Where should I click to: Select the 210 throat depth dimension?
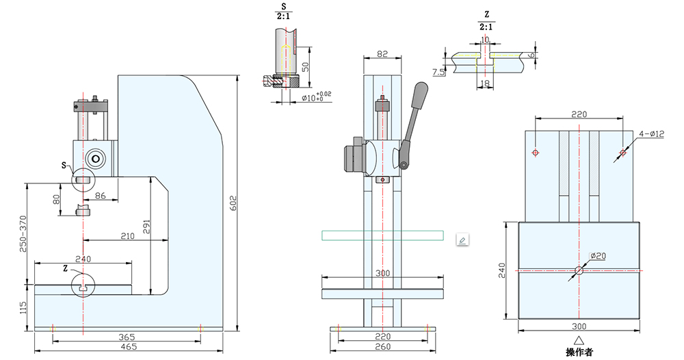pos(127,235)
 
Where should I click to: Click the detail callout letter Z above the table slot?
pos(66,268)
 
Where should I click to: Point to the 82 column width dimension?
pos(382,54)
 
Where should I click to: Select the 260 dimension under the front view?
pos(382,346)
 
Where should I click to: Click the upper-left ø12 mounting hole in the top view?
pos(535,152)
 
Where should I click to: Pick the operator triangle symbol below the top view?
pos(579,339)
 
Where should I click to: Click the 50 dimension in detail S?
pos(305,66)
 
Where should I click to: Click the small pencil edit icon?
pos(462,240)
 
